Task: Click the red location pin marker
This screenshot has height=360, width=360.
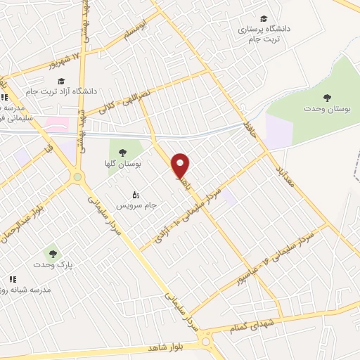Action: coord(181,165)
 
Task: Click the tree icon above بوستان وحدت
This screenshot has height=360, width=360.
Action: coord(326,97)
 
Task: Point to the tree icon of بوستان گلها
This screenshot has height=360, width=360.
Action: coord(122,152)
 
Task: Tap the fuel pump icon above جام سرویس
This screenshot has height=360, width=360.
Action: coord(136,194)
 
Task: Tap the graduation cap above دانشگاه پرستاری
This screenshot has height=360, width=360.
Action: coord(264,18)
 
